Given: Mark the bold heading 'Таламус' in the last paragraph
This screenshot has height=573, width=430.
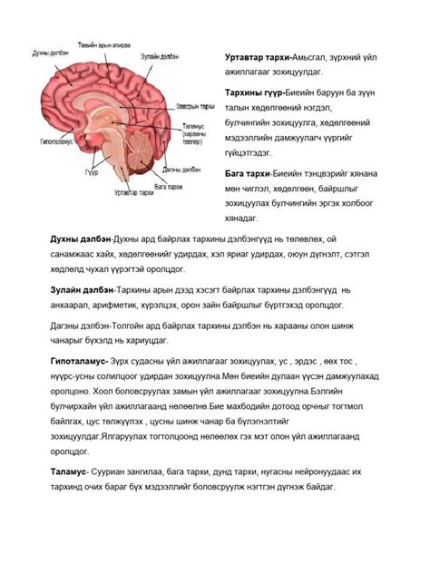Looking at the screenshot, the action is click(x=68, y=472).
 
